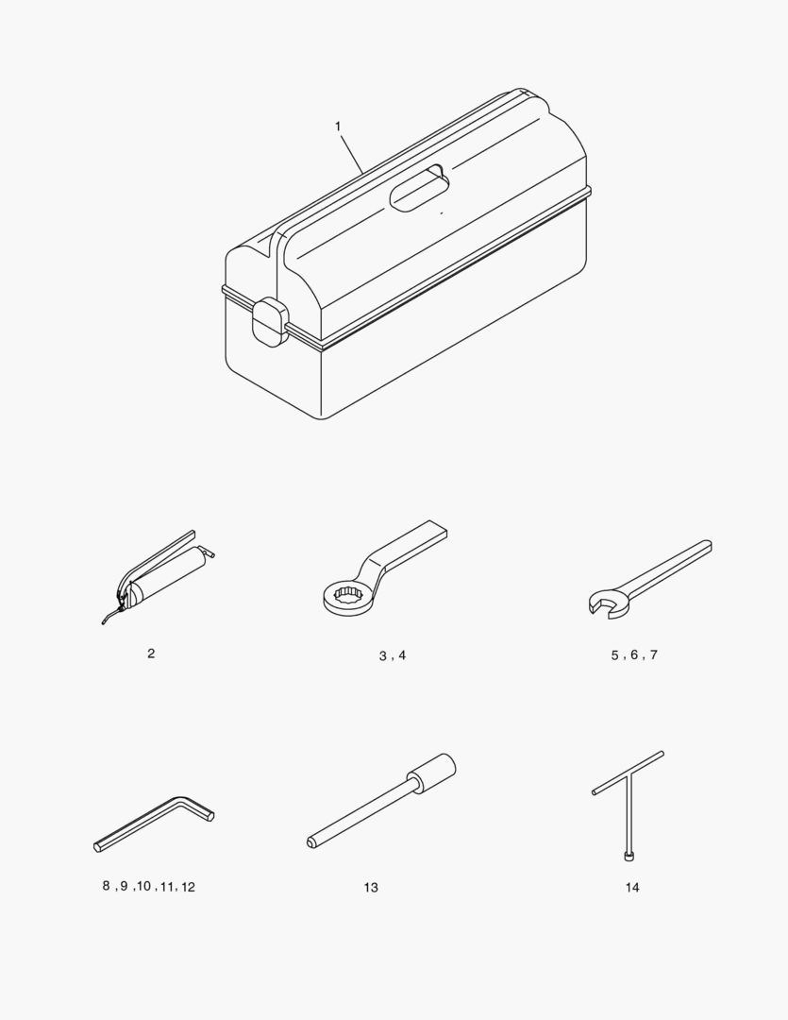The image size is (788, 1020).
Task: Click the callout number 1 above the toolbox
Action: point(338,127)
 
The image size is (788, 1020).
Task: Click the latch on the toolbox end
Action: point(270,322)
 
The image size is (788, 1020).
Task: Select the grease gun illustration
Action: point(158,576)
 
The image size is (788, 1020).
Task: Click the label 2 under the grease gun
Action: point(151,654)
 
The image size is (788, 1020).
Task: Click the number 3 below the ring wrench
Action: point(383,655)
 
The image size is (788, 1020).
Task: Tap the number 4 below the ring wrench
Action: point(402,655)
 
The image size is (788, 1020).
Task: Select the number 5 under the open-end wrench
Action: point(614,655)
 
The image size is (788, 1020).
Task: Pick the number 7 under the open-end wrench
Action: point(653,655)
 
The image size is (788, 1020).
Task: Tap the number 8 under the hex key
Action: point(106,885)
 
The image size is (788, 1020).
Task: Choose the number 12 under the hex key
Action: point(188,887)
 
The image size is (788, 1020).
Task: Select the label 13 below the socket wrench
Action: point(371,887)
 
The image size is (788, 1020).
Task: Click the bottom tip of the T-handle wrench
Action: point(629,858)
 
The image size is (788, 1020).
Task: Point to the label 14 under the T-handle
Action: point(632,887)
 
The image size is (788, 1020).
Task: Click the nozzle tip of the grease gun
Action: point(103,623)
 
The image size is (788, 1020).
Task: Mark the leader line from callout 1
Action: point(351,154)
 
